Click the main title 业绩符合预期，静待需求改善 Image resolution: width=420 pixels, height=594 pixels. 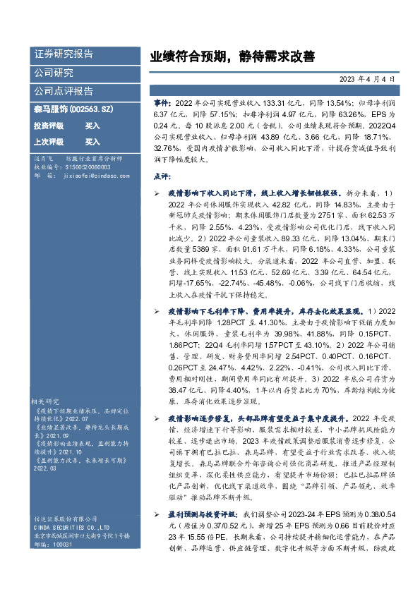point(232,56)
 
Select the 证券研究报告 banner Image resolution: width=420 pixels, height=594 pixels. point(63,54)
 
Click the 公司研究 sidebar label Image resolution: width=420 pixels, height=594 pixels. point(53,73)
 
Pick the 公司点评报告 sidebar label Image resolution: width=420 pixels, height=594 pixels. point(63,91)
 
